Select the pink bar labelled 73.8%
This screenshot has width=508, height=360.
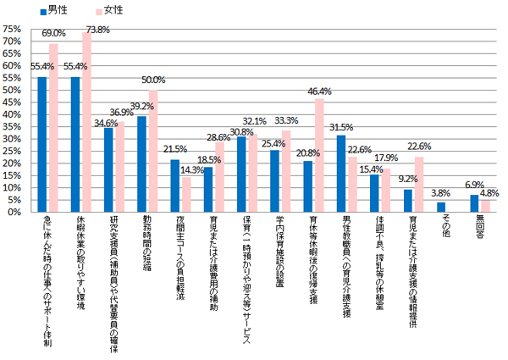(x=86, y=122)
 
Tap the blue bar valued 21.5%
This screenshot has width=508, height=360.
(x=175, y=186)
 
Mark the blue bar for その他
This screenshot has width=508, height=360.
(x=440, y=208)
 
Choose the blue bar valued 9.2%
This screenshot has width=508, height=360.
(x=407, y=201)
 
